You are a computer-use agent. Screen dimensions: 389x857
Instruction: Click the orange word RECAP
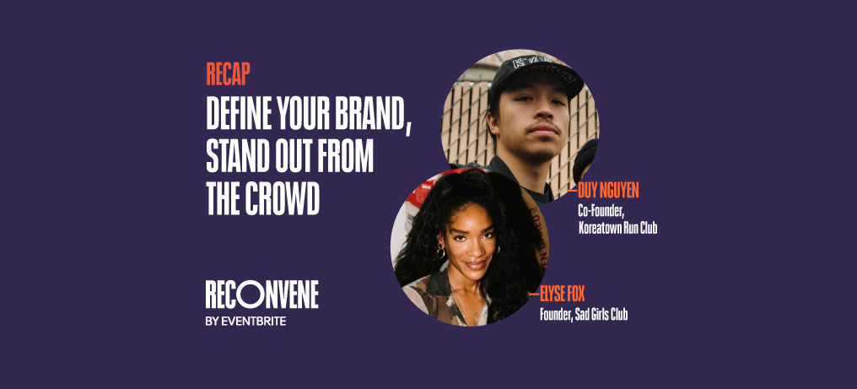228,75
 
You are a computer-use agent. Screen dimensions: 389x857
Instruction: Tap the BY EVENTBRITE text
245,321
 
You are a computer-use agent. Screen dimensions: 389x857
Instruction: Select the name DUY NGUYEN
609,192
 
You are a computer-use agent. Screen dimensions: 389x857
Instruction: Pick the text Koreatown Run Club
617,228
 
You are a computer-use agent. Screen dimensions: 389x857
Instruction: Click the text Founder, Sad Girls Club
584,316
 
